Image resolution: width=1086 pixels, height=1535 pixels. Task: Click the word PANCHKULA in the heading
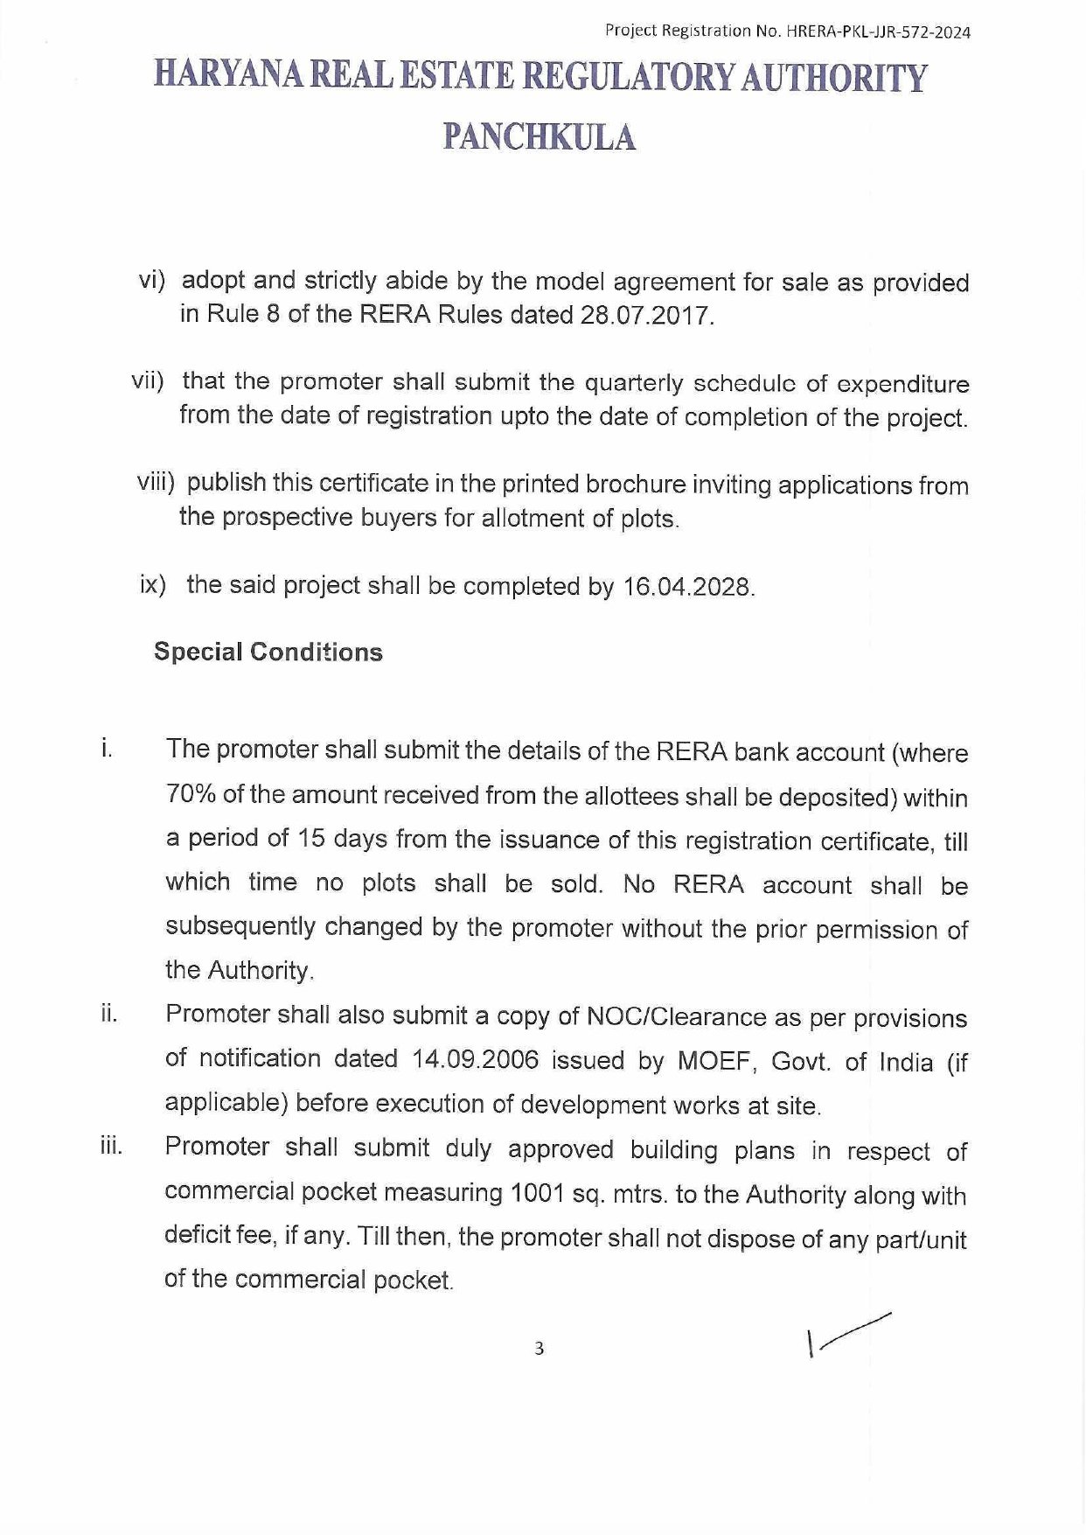(540, 137)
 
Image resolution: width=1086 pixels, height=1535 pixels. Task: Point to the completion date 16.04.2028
(687, 587)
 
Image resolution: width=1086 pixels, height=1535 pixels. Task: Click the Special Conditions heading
(268, 652)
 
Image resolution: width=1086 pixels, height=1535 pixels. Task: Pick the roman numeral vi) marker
(153, 280)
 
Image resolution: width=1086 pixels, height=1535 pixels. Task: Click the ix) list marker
(152, 584)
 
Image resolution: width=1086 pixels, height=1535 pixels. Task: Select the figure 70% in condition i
(191, 794)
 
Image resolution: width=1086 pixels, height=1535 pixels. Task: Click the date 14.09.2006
(475, 1059)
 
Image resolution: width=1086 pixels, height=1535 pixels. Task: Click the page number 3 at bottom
(540, 1349)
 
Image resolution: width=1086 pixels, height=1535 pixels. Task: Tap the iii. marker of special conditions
(111, 1147)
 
